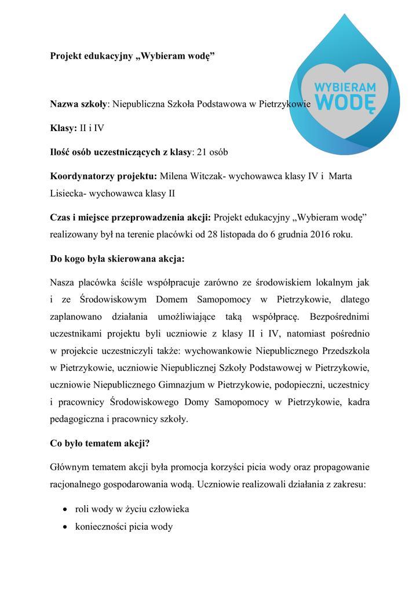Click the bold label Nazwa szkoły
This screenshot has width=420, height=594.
click(x=78, y=104)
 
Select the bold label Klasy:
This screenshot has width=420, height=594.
click(x=64, y=128)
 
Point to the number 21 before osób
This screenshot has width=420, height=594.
click(x=202, y=153)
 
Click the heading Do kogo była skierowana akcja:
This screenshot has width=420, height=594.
click(x=118, y=259)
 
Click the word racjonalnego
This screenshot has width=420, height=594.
click(x=79, y=484)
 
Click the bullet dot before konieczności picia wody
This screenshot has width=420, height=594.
click(x=65, y=527)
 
